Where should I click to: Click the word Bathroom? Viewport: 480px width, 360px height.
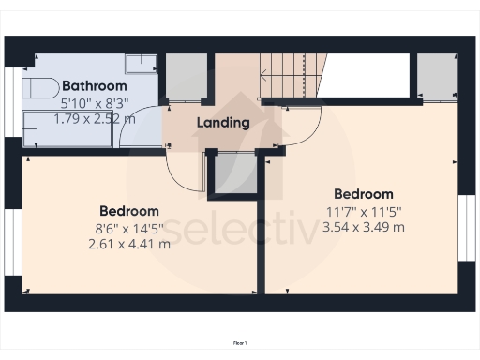[94, 86]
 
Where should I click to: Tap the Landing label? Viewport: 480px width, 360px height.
[223, 122]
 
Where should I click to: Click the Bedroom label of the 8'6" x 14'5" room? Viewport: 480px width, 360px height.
[129, 211]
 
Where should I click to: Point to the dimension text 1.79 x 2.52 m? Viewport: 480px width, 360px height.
[94, 119]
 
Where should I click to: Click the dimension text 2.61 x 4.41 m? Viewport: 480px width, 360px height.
[129, 244]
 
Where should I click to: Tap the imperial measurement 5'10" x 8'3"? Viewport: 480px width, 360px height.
[94, 103]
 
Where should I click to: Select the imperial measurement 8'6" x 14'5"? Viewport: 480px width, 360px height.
[129, 228]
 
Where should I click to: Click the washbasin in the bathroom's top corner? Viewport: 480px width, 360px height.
[142, 63]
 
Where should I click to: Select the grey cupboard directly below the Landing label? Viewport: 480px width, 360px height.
[234, 172]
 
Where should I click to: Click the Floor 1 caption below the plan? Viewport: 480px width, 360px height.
[240, 343]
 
